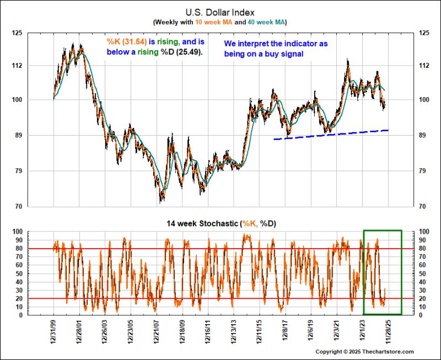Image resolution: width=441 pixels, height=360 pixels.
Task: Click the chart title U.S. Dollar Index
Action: pos(220,11)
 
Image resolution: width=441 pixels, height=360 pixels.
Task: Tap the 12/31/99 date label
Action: pos(53,333)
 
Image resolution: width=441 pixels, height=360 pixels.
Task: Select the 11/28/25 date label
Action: pos(388,333)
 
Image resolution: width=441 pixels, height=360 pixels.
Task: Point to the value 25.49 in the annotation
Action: pos(187,52)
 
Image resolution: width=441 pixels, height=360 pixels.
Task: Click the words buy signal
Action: pos(283,54)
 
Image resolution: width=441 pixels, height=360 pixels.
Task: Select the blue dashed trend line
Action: pos(331,135)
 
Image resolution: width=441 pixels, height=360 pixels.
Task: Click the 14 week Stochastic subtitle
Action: pos(220,223)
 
